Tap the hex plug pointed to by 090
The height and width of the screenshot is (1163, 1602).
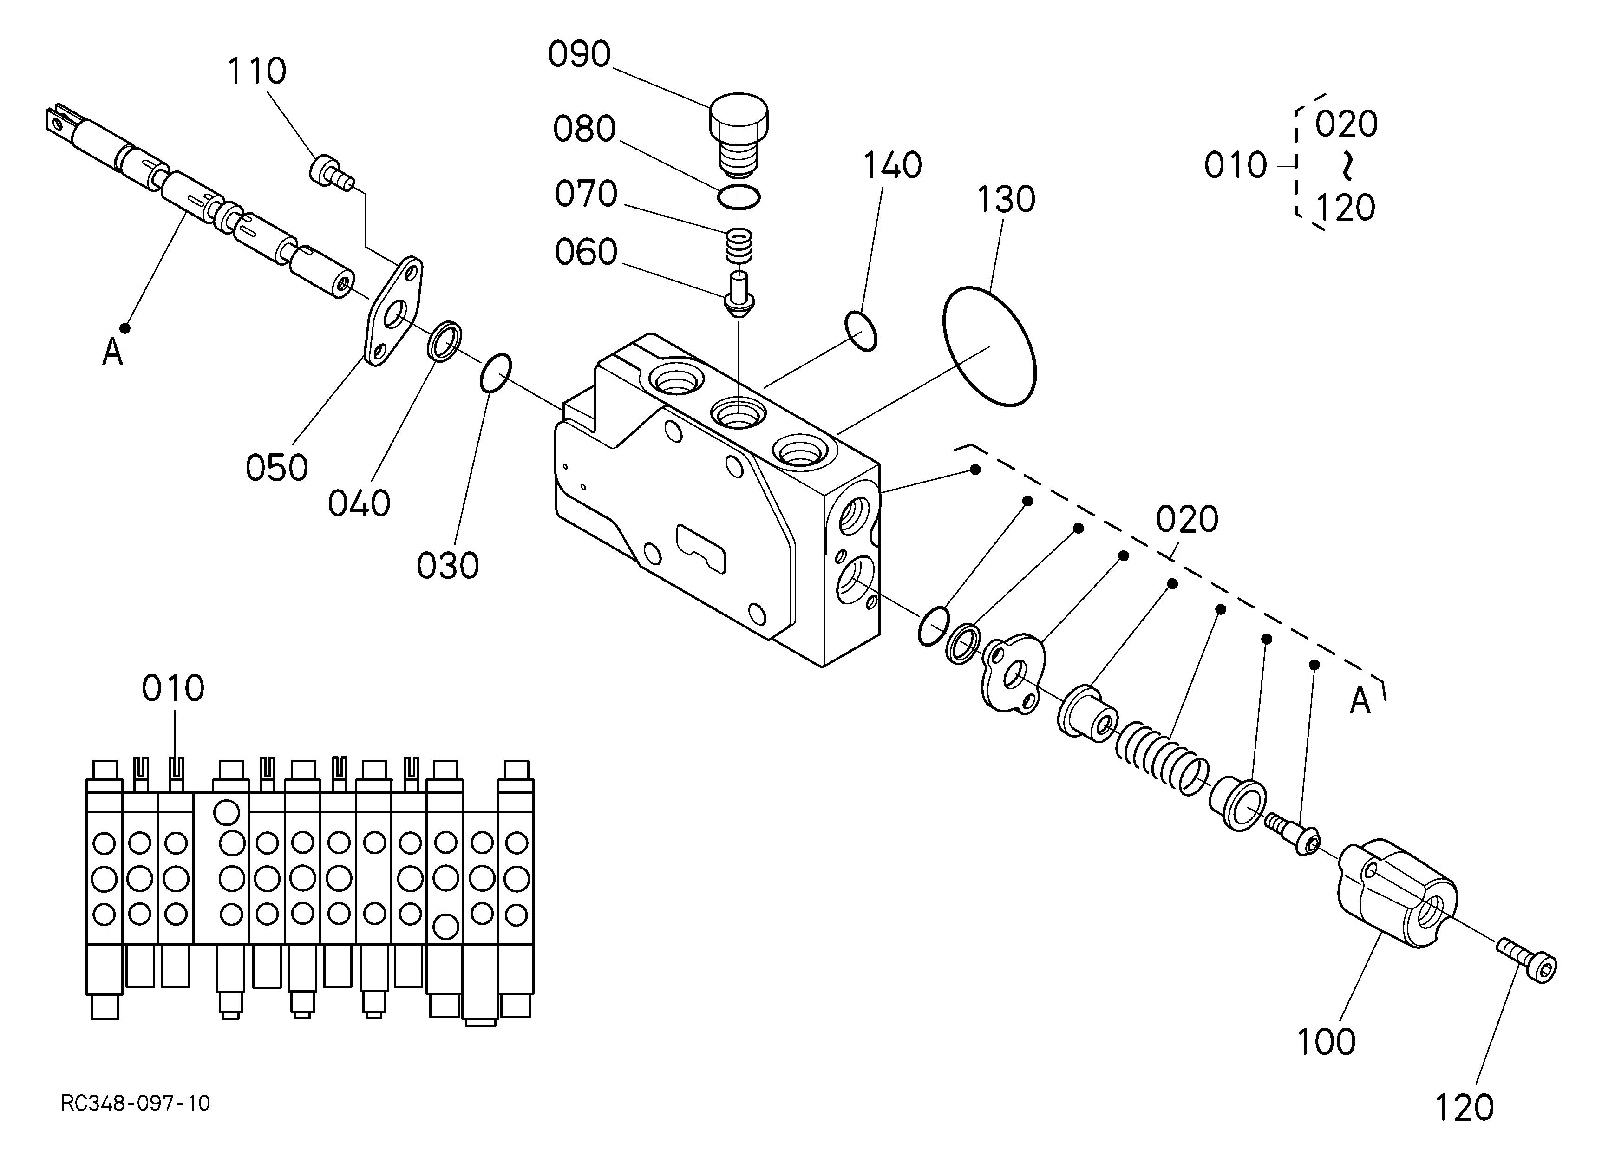click(x=739, y=136)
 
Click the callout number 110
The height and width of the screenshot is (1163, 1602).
click(x=256, y=72)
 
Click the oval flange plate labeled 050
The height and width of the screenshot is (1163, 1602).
click(x=393, y=311)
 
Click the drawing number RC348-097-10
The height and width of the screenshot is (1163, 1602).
click(x=136, y=1103)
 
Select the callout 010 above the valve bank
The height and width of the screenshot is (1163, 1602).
click(x=173, y=688)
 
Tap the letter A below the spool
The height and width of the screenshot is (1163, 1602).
click(x=113, y=352)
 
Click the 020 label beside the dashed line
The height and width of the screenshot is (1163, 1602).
click(x=1187, y=520)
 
